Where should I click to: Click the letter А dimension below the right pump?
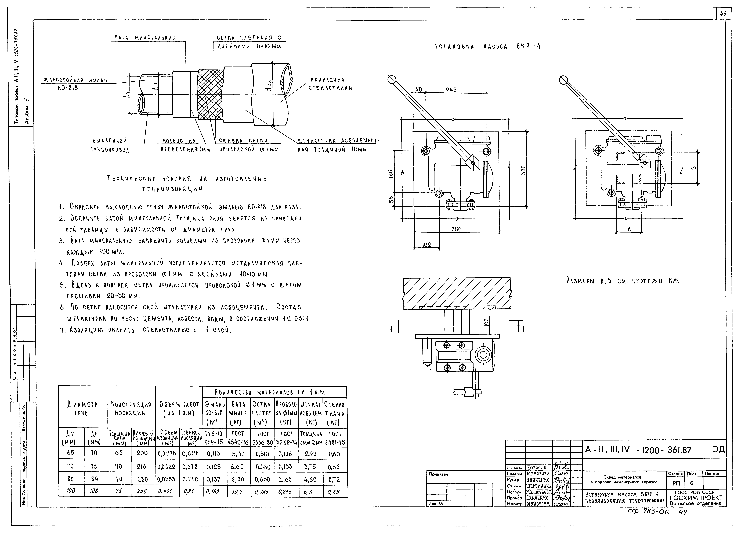tap(629, 229)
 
